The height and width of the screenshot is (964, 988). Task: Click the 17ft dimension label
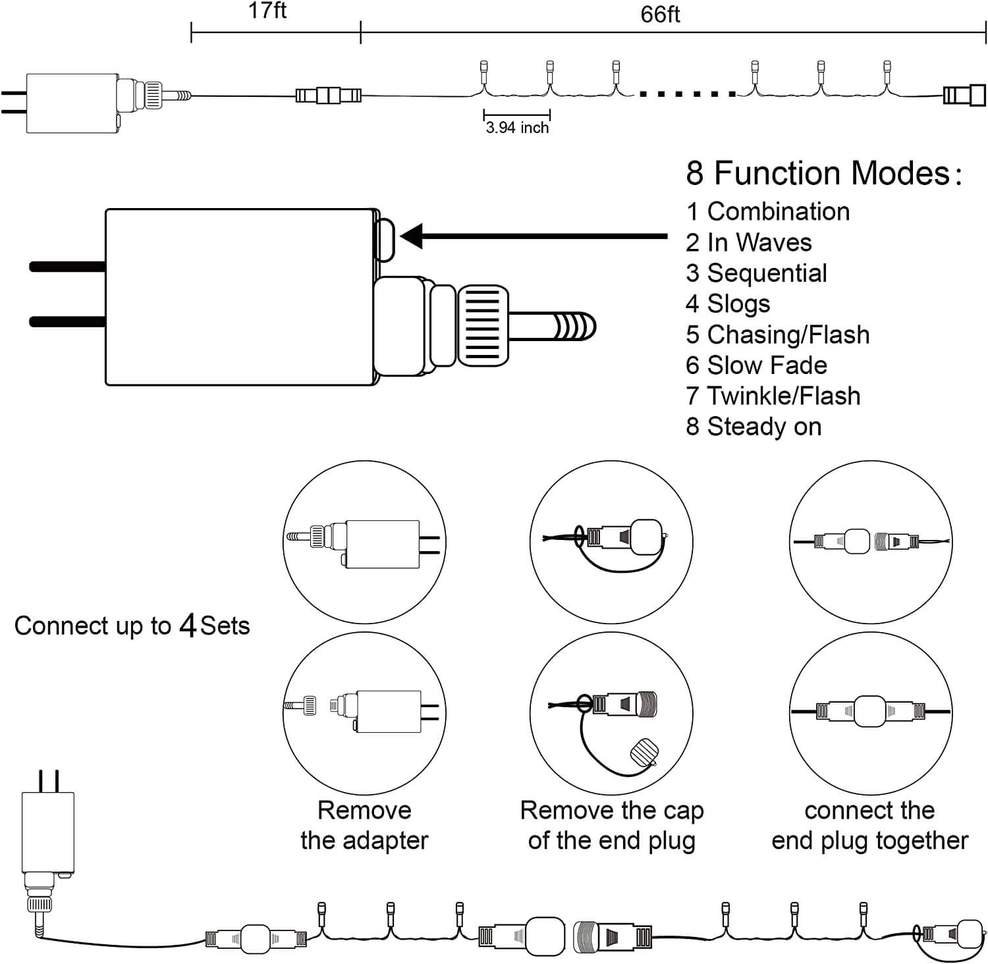point(267,11)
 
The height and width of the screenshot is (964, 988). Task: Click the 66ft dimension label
point(660,14)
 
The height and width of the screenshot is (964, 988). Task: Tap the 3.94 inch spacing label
point(517,128)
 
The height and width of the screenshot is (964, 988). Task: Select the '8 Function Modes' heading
point(823,173)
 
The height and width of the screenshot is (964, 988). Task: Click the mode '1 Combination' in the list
point(768,211)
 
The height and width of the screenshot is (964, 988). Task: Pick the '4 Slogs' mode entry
point(728,304)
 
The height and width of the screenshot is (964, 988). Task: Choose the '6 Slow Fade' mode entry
point(756,365)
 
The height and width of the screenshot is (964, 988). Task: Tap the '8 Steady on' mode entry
point(754,427)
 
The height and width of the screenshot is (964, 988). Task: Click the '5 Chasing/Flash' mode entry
point(778,335)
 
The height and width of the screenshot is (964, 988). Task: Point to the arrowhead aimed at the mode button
point(412,236)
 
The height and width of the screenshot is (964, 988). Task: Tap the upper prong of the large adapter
point(67,267)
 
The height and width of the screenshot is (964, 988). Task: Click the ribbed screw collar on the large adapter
point(483,325)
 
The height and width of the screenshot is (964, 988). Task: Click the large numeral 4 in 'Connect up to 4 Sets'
point(188,626)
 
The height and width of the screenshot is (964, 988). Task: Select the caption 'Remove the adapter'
point(364,825)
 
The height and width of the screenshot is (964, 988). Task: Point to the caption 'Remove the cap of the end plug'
point(612,825)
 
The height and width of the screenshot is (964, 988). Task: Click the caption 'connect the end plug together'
point(869,825)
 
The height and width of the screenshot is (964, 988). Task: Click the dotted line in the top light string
point(688,95)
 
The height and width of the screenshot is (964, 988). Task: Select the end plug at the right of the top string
point(964,95)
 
